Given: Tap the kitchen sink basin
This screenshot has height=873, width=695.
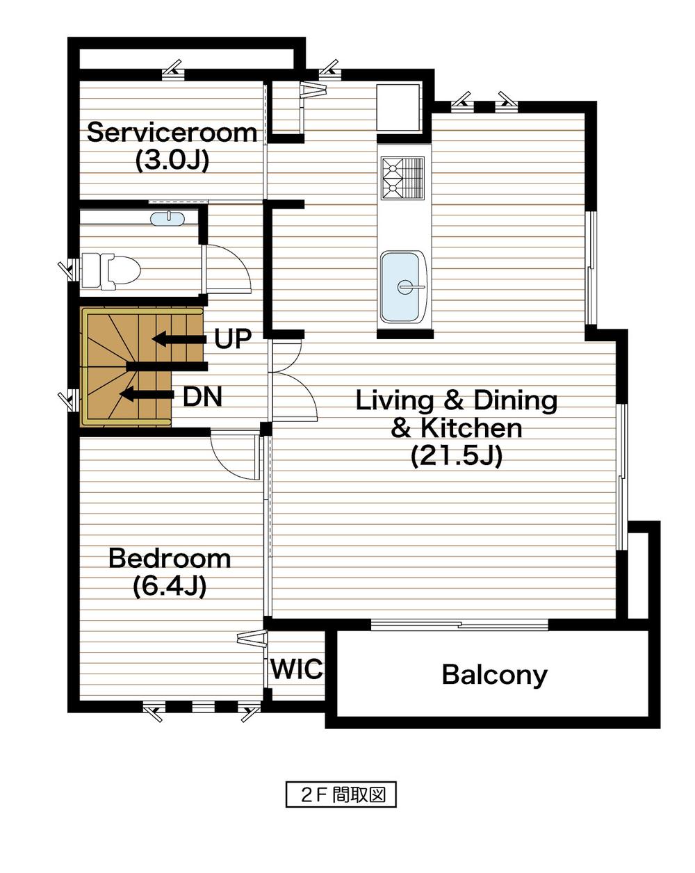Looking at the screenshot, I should (402, 286).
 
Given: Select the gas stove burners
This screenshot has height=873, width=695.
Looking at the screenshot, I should (402, 177).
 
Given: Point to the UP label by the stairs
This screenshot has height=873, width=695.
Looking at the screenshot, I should (232, 339).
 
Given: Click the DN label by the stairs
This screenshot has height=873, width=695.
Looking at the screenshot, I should (202, 397).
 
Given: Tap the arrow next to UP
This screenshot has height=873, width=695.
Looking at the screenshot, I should (179, 339).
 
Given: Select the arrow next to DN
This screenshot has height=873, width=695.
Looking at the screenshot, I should (146, 395).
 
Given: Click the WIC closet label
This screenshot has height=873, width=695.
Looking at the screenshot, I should (297, 669).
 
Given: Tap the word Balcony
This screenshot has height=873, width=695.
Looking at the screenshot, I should (494, 675).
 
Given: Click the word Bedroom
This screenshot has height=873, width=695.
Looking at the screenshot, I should (170, 558).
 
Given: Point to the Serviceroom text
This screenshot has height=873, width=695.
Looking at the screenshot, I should (172, 132).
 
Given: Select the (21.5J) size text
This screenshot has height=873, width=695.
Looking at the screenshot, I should (456, 456).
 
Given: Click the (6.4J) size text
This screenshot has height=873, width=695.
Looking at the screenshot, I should (170, 587).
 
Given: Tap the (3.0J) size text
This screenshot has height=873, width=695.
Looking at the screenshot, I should (172, 161).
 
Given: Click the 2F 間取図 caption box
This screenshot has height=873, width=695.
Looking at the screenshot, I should (341, 795).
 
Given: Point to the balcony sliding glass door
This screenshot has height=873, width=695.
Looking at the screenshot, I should (459, 624).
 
